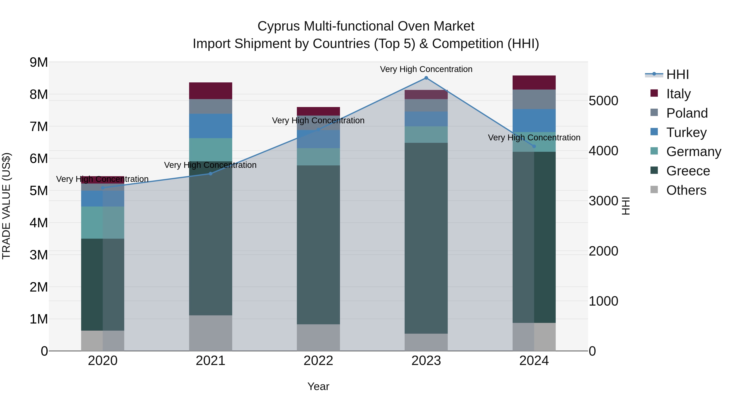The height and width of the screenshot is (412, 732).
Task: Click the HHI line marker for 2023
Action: [426, 78]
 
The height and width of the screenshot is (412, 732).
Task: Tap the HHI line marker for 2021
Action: [211, 174]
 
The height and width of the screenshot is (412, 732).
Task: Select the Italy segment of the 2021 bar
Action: [211, 91]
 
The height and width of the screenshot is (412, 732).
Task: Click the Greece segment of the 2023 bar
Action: [426, 238]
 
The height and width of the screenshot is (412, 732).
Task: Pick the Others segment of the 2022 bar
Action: [318, 338]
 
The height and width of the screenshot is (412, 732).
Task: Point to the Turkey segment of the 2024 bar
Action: [534, 121]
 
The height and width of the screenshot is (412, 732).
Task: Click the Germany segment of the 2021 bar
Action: [211, 150]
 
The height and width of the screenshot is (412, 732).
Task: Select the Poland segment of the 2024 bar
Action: [534, 99]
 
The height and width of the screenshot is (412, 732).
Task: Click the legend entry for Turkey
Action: [686, 132]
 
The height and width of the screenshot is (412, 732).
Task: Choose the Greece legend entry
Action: [688, 171]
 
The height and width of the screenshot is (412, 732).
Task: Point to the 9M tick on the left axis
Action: [39, 62]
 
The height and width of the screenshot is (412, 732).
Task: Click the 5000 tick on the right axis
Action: [603, 101]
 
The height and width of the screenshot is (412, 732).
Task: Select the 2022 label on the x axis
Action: [318, 361]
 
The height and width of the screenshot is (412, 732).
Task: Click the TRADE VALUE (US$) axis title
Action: [6, 206]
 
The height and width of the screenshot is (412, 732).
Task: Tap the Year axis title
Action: [318, 386]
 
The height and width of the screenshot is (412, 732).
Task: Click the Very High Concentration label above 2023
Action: [426, 69]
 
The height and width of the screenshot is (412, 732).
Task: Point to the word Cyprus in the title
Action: [279, 26]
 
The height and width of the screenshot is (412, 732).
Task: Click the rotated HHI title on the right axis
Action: [626, 206]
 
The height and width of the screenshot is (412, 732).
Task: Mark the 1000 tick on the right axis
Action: [603, 301]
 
